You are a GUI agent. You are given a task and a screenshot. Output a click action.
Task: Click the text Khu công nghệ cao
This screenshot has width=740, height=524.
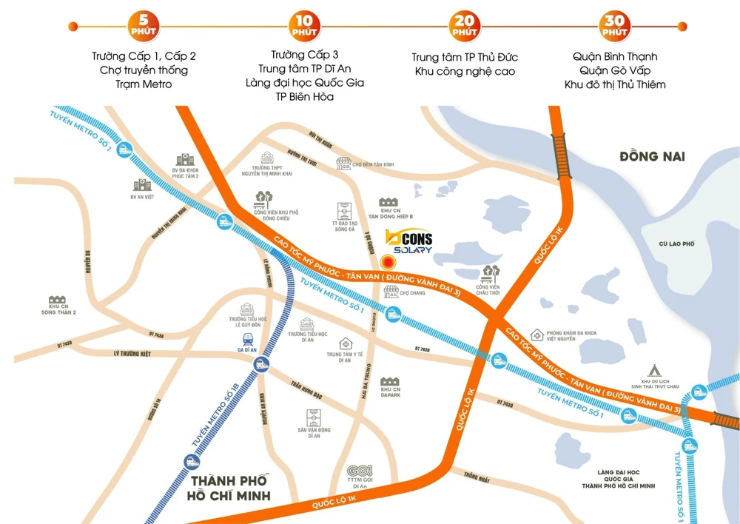pos(465,71)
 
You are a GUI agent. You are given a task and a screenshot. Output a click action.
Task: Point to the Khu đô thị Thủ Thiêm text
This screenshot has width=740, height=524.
pos(615,84)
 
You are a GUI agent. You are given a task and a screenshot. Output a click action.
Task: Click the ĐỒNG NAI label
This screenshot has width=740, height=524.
pos(653,156)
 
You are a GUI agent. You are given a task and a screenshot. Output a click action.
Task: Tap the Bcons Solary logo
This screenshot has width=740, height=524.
pos(409,243)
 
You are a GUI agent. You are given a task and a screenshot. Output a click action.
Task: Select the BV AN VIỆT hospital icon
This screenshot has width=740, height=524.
pos(141,185)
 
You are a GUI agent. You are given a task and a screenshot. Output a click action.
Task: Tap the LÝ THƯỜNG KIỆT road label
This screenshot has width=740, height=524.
pos(132,354)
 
